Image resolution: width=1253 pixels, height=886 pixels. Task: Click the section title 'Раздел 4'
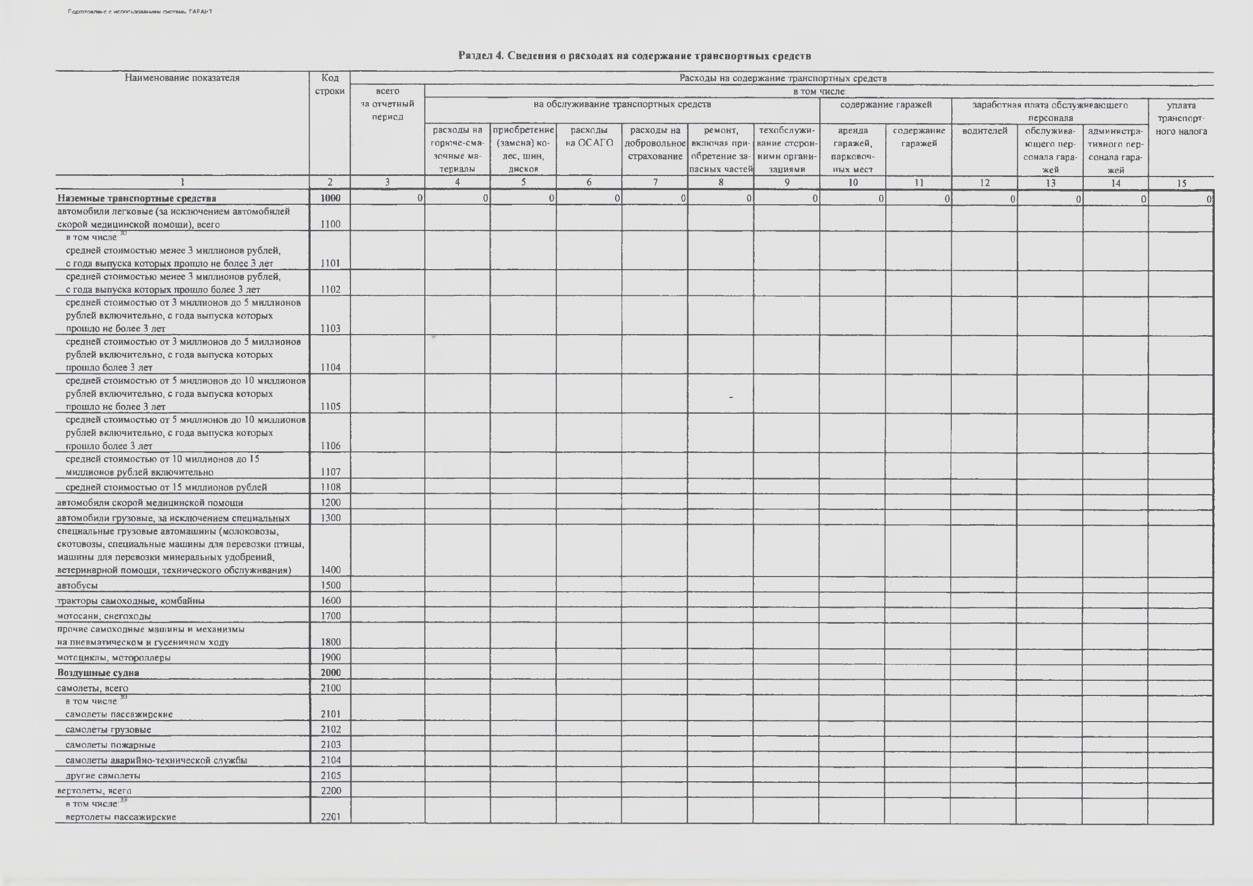(x=634, y=56)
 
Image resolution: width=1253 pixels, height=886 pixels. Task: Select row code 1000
(x=330, y=198)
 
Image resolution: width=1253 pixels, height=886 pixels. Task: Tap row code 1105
(x=330, y=406)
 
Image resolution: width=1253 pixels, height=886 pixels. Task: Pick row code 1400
(x=330, y=570)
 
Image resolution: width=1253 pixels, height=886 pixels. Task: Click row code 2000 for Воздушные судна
(x=330, y=673)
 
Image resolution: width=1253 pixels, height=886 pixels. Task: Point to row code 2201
(x=330, y=817)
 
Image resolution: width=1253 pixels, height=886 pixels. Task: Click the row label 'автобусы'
(x=78, y=585)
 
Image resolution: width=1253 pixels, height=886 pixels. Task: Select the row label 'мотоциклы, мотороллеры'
(x=114, y=657)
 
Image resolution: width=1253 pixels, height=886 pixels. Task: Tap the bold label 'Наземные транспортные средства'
(x=136, y=198)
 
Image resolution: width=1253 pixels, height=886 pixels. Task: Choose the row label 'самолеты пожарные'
(x=110, y=745)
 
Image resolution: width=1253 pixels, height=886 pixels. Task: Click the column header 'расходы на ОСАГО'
(x=589, y=137)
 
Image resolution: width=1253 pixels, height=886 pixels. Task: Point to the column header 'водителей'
(x=984, y=131)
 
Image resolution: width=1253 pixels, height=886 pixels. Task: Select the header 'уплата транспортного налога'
(x=1181, y=118)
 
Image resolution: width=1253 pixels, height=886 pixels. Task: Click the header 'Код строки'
(x=329, y=84)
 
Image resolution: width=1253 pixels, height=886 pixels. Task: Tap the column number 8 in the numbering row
(x=721, y=183)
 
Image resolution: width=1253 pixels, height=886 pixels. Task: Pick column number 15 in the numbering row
(x=1181, y=183)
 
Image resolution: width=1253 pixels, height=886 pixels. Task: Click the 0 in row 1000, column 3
(x=420, y=198)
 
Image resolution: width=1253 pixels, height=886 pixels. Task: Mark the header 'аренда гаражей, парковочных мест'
(x=852, y=149)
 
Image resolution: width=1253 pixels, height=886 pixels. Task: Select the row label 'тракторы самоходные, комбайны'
(x=131, y=601)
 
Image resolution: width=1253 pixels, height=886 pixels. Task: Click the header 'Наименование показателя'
(x=182, y=78)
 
